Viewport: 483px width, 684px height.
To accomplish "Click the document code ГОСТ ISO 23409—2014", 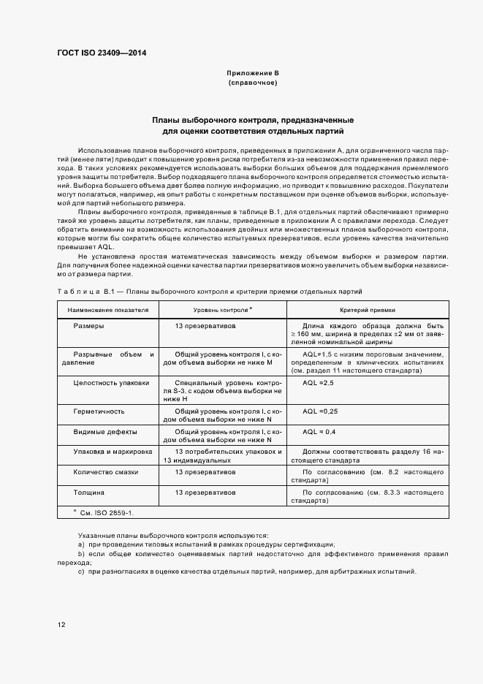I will [x=102, y=53].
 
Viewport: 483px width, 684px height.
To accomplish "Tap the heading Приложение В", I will [x=253, y=74].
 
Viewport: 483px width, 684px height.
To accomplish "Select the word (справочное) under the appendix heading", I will [x=253, y=83].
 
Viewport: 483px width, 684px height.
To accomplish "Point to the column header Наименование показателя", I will [x=108, y=310].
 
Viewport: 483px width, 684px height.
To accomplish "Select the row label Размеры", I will [x=88, y=325].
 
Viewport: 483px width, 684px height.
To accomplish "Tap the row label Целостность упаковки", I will [x=111, y=382].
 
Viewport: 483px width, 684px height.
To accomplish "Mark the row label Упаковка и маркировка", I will [x=113, y=452].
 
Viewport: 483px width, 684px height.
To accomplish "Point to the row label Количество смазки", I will [x=105, y=473].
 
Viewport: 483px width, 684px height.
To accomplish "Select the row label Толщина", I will [x=88, y=493].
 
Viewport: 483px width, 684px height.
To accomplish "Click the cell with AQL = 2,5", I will [x=318, y=382].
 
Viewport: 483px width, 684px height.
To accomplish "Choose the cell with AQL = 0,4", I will [x=319, y=432].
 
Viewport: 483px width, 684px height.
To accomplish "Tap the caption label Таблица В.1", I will [x=87, y=291].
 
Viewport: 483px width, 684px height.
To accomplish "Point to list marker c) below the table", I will [x=81, y=571].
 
